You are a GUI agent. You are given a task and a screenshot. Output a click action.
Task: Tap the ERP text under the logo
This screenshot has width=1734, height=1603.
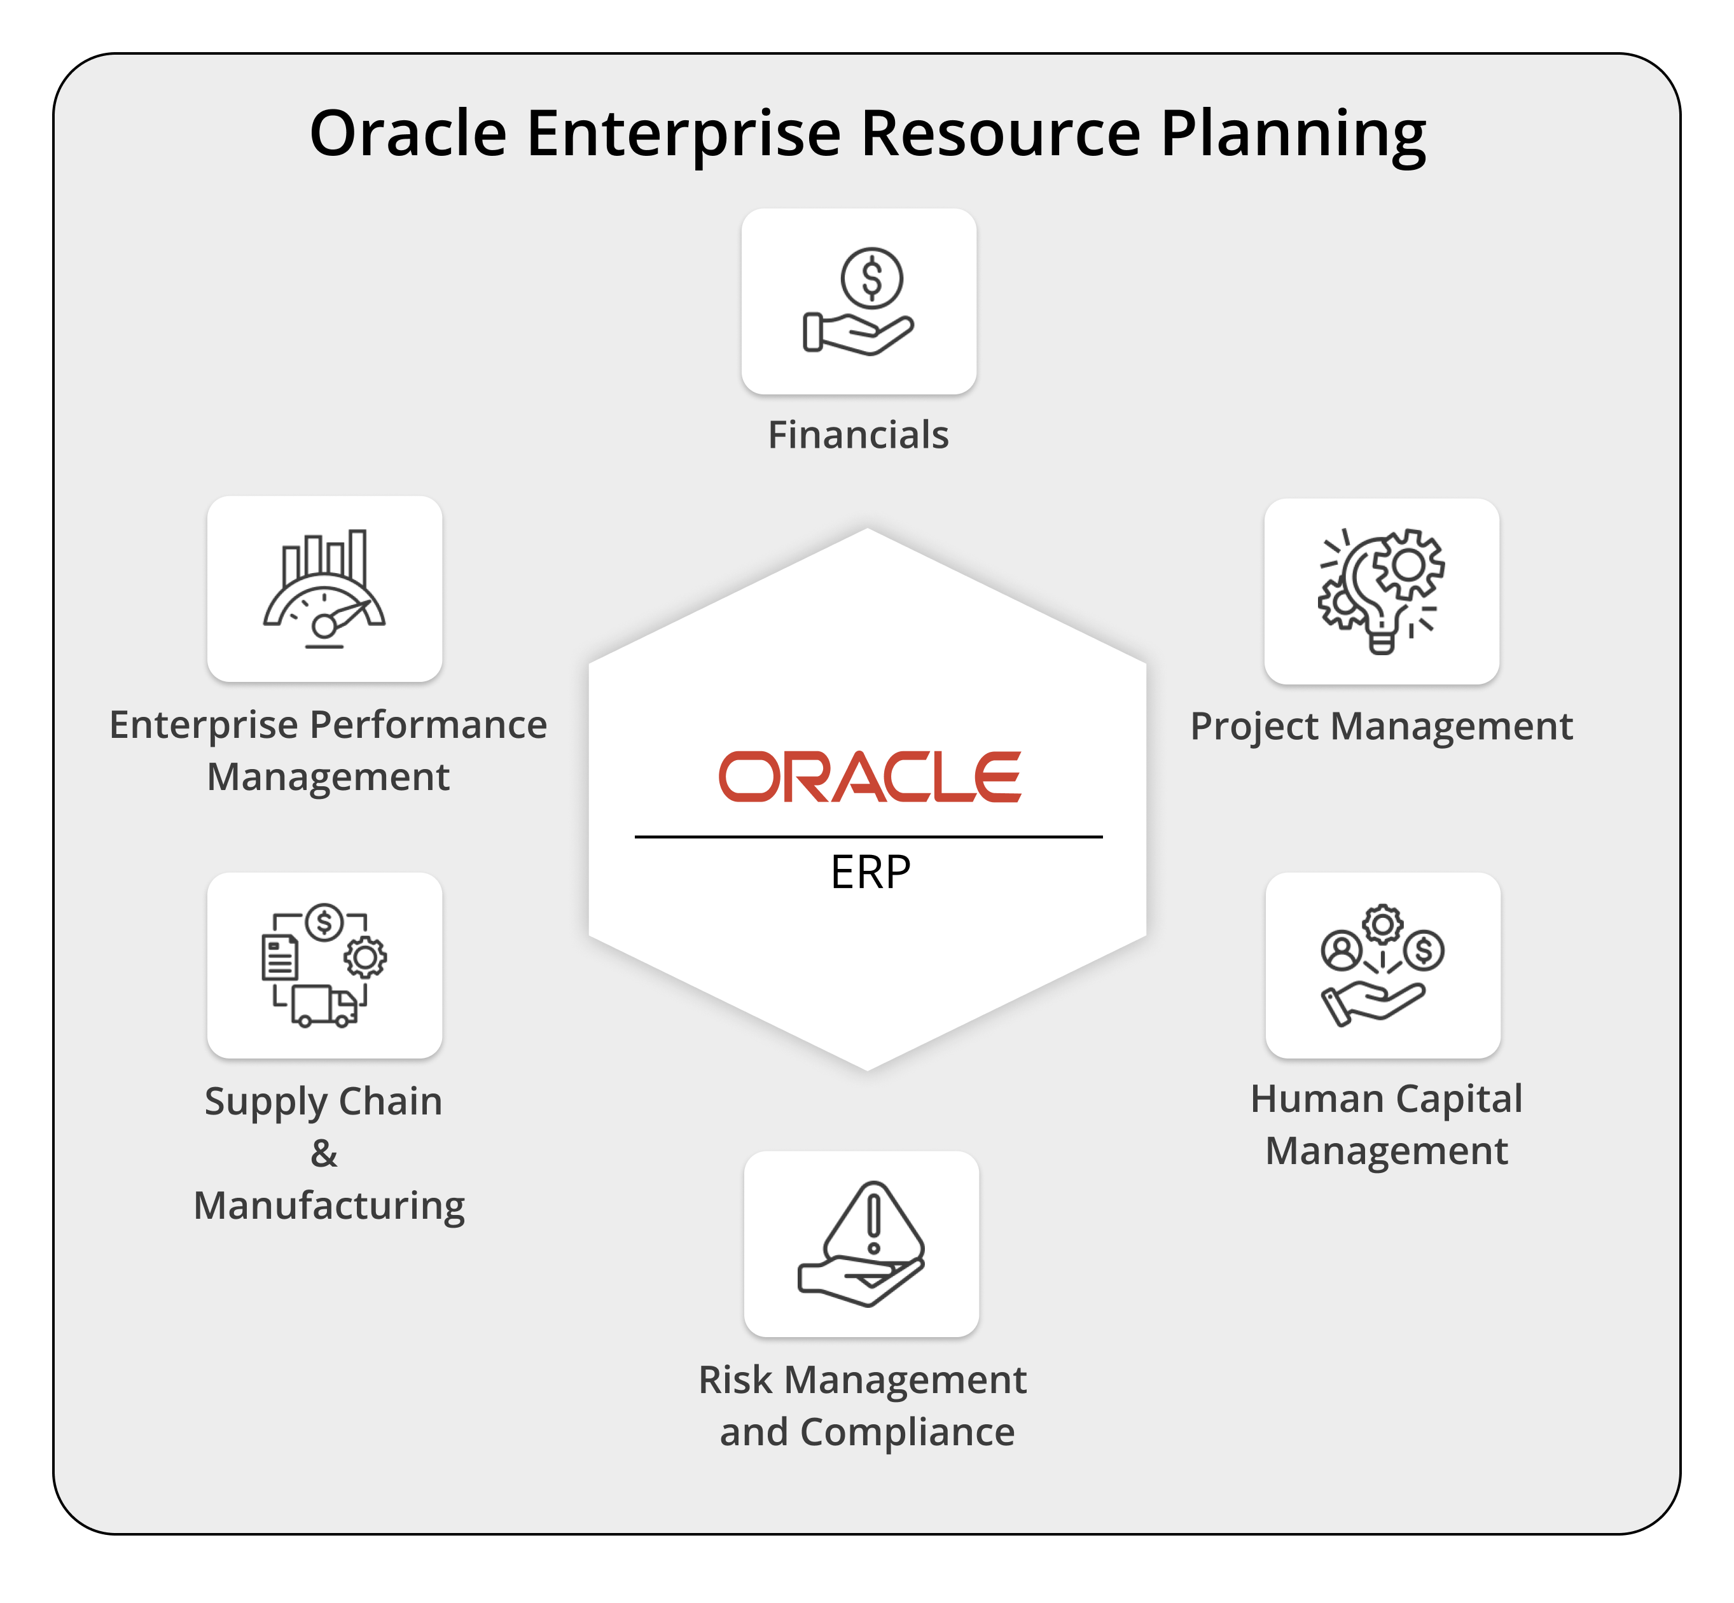[870, 873]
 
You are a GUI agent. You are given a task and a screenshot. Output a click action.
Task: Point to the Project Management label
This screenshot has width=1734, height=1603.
[1381, 726]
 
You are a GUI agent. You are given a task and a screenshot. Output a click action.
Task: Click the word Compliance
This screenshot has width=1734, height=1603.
[906, 1432]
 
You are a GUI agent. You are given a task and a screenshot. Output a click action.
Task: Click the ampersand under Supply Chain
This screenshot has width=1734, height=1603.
[324, 1154]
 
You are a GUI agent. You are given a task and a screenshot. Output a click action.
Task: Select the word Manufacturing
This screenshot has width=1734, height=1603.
[329, 1205]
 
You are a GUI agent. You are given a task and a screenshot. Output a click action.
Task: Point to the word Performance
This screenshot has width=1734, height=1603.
[429, 725]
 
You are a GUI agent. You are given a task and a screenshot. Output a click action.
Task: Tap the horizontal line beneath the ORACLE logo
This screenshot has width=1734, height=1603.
[868, 837]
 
